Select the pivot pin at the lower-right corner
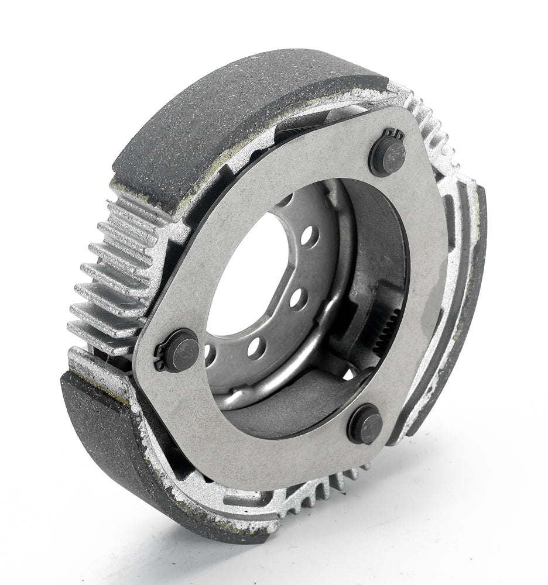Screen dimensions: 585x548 pyautogui.click(x=365, y=425)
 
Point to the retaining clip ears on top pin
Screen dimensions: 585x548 pyautogui.click(x=393, y=136)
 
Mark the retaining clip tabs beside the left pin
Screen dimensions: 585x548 pyautogui.click(x=160, y=358)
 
